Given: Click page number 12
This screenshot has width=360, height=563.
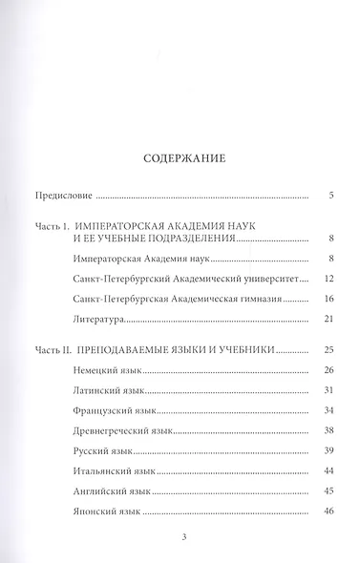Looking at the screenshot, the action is (328, 279).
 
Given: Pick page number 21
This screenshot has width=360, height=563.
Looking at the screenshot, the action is (328, 318).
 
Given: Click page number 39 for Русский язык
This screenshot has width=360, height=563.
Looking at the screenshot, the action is (328, 451).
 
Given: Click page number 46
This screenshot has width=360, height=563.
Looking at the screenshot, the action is (328, 512).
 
